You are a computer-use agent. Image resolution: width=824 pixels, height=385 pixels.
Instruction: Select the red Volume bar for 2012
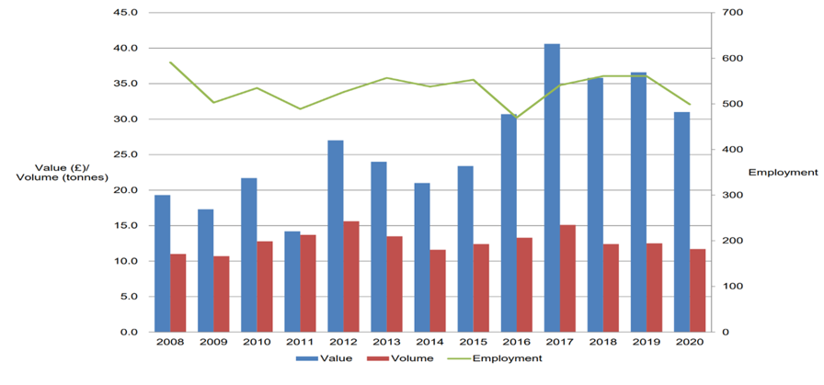(352, 276)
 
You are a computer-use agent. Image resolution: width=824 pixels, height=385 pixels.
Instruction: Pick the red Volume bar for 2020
(698, 289)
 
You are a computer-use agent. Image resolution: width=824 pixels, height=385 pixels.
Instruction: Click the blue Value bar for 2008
(162, 263)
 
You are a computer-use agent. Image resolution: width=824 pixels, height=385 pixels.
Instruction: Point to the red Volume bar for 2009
(222, 293)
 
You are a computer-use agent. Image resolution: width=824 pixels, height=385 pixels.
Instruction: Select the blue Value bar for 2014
(422, 257)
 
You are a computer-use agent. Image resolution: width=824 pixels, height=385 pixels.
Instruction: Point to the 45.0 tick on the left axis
(125, 13)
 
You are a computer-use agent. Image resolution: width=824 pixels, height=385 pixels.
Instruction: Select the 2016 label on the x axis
(517, 342)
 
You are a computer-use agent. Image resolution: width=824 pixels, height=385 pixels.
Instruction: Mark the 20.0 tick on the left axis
(125, 190)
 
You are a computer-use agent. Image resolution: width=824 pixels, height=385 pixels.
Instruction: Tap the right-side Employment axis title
(783, 172)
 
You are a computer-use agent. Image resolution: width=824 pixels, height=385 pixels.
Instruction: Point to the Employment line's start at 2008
(170, 62)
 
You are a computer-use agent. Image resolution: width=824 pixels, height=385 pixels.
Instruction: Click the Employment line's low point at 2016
(517, 118)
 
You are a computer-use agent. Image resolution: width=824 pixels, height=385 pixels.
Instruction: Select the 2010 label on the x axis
(257, 342)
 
